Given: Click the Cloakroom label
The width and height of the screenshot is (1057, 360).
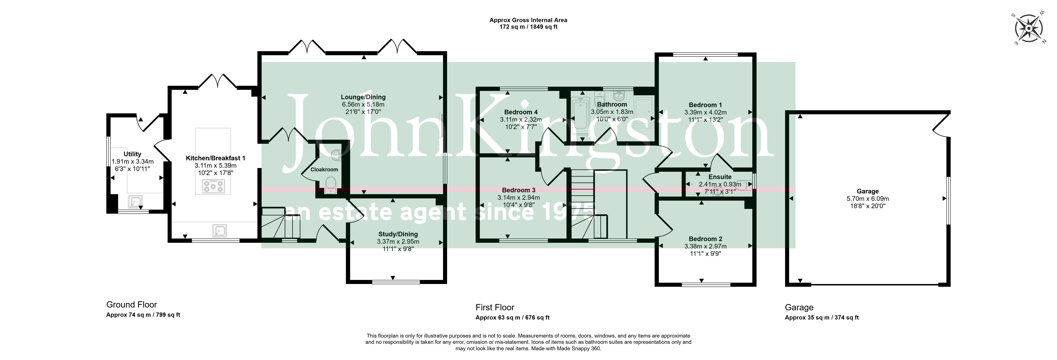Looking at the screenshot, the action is (324, 170).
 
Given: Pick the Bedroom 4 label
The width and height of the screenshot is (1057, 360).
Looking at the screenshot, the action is (521, 112).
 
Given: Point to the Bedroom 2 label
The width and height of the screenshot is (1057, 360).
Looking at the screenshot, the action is (705, 239).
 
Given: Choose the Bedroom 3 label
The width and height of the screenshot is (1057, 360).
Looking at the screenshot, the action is (519, 190).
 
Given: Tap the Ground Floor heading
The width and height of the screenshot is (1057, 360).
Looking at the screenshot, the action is (132, 305).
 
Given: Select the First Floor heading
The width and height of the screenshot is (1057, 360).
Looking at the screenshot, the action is (495, 307).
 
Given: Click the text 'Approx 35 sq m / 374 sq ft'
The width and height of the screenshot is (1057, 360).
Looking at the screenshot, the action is (822, 317).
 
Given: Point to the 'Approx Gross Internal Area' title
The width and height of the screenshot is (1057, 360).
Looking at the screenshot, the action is (528, 20).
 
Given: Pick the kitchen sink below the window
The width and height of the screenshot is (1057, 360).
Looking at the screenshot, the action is (219, 231).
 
